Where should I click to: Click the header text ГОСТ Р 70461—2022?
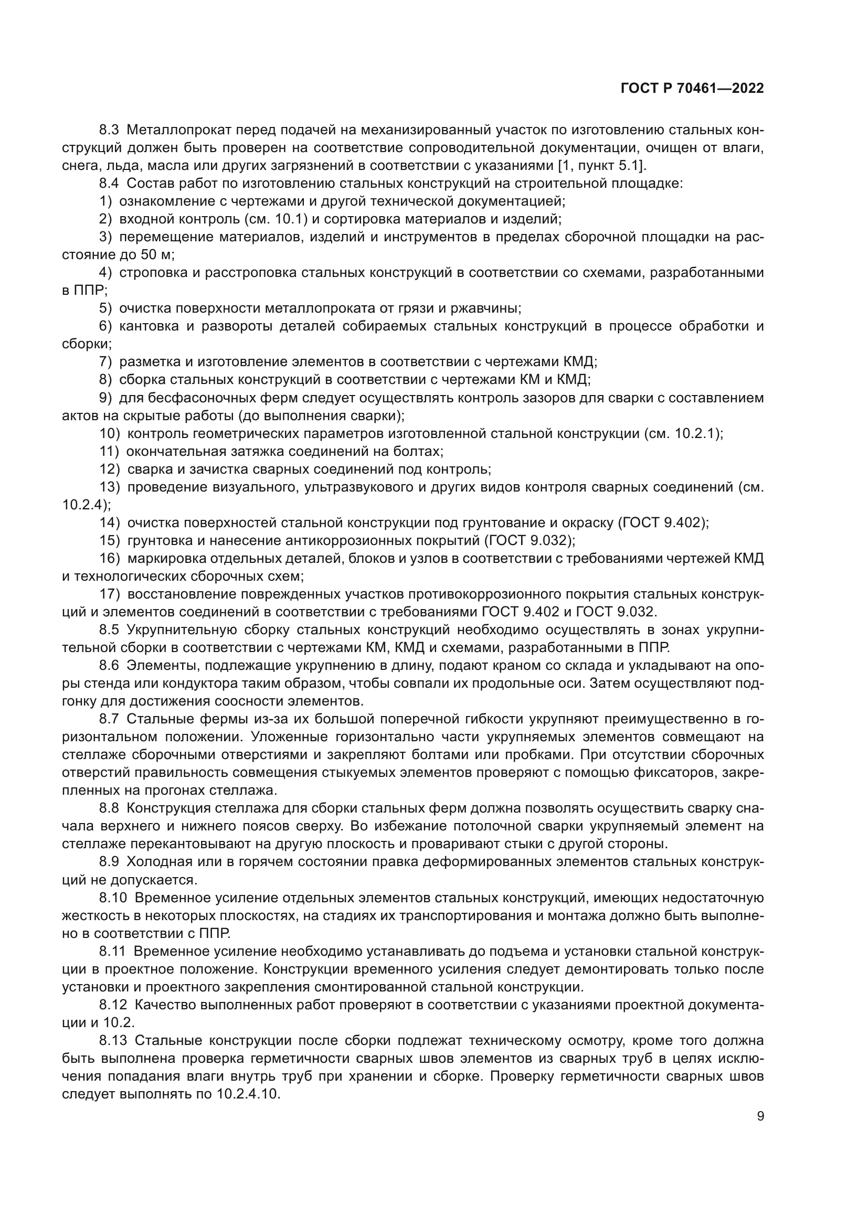click(x=692, y=89)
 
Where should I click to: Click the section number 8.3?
click(x=110, y=130)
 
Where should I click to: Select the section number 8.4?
click(x=110, y=183)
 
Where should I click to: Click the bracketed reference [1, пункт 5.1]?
click(x=602, y=166)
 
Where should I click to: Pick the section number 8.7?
click(x=110, y=719)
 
